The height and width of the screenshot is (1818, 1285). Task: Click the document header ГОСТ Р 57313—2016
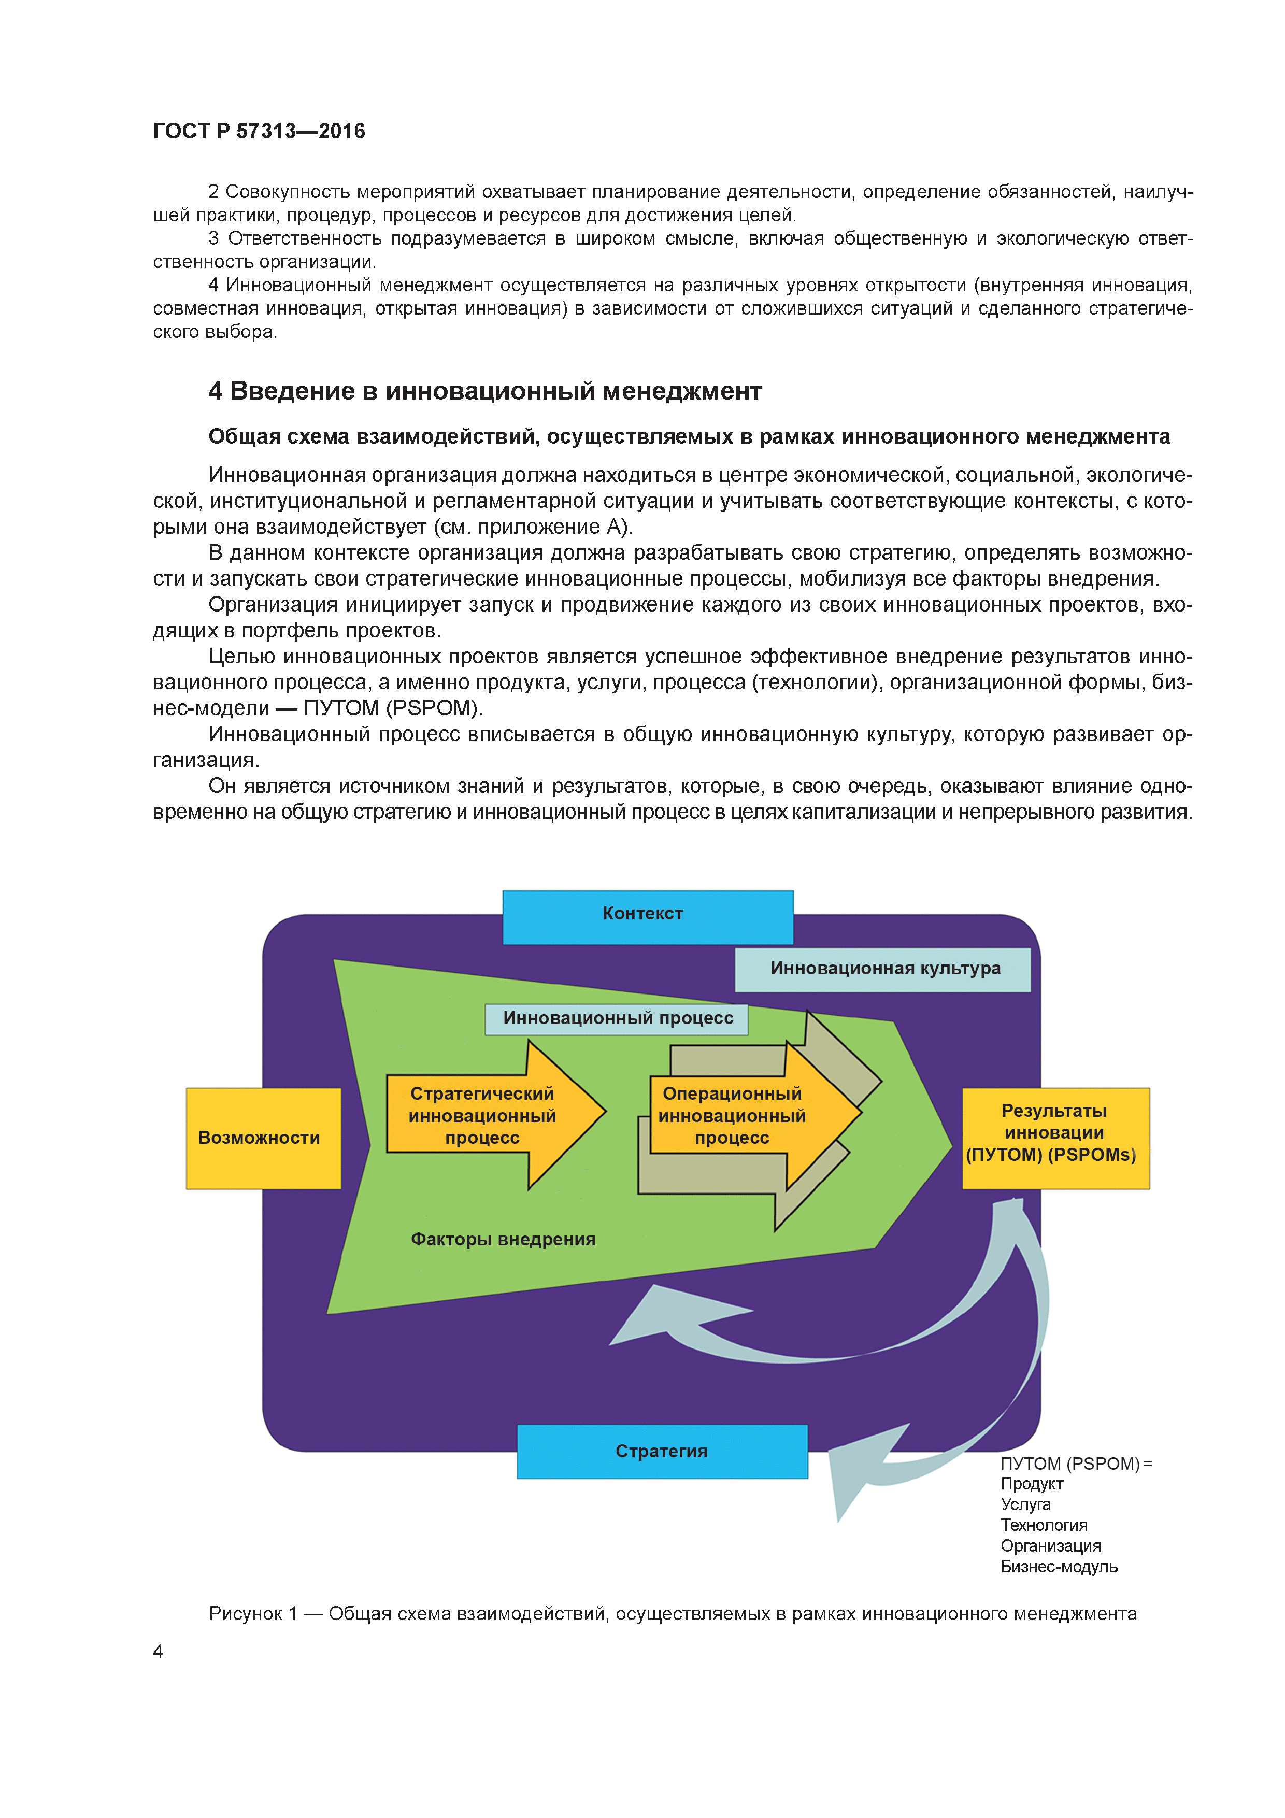259,132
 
